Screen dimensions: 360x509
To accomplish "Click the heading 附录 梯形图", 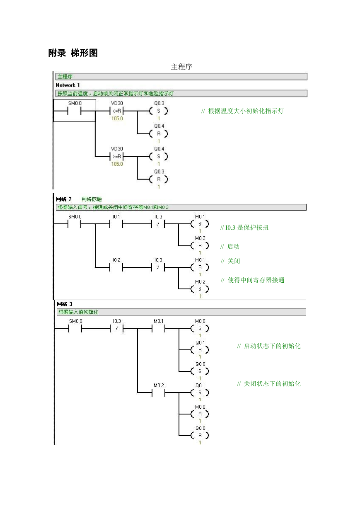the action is coord(73,53).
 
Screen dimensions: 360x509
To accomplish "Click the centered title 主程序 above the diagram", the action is coord(181,67).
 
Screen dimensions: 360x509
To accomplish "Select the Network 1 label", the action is coord(68,85).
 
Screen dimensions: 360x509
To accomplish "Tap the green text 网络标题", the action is coord(92,199).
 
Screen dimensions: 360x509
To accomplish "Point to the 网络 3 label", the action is coord(65,304).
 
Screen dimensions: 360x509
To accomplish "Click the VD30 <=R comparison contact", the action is coord(117,111).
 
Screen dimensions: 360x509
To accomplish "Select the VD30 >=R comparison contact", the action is coord(117,157).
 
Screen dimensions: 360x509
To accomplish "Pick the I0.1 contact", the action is coord(116,224).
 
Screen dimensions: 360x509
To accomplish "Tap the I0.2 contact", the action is coord(116,267).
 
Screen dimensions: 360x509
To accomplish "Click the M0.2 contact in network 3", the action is coord(159,393).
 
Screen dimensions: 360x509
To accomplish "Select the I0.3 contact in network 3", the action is coord(117,328).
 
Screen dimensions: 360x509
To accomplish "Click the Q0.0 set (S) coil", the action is coord(200,371).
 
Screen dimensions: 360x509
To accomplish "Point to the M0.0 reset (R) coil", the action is coord(200,414).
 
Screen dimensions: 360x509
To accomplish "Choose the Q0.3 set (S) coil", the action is coord(159,111).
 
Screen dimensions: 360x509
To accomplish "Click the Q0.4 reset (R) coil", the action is coord(159,133).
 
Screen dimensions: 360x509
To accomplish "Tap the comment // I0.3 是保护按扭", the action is coord(244,228).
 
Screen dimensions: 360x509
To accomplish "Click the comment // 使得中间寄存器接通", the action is coord(252,280).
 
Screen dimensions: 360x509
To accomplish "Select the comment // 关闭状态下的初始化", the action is coord(269,384).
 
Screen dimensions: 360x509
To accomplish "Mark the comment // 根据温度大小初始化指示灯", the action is coord(242,111).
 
